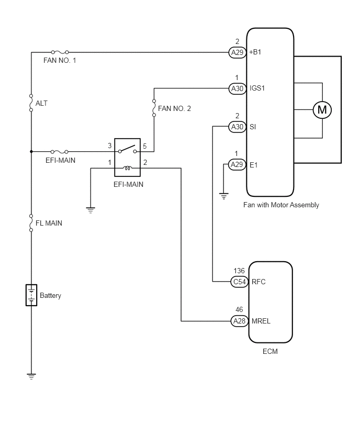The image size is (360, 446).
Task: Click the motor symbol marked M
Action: click(x=322, y=110)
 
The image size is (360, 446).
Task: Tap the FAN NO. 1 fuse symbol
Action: click(x=60, y=52)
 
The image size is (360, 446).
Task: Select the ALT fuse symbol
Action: click(x=31, y=103)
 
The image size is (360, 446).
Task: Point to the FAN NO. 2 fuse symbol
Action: click(x=154, y=108)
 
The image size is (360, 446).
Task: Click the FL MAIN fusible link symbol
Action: click(x=31, y=222)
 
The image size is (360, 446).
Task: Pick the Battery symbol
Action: click(x=31, y=295)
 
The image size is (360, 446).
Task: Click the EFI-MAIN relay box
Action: click(x=127, y=157)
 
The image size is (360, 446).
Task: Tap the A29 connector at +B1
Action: click(x=237, y=52)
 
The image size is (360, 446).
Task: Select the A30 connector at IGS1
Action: click(x=237, y=88)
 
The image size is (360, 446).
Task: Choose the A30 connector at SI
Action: click(x=237, y=127)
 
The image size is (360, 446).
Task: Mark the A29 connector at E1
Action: click(x=237, y=164)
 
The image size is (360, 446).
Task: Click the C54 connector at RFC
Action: click(x=239, y=282)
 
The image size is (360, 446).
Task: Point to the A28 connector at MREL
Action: click(x=239, y=321)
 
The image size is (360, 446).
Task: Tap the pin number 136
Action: click(x=239, y=271)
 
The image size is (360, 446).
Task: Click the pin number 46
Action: click(x=239, y=309)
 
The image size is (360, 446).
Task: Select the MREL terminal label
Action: click(x=261, y=321)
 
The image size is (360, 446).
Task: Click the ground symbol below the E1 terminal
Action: click(x=224, y=196)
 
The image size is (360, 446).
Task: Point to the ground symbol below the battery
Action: click(x=31, y=376)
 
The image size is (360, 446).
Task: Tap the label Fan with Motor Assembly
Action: click(x=281, y=205)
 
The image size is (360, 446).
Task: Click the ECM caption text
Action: click(x=270, y=351)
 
